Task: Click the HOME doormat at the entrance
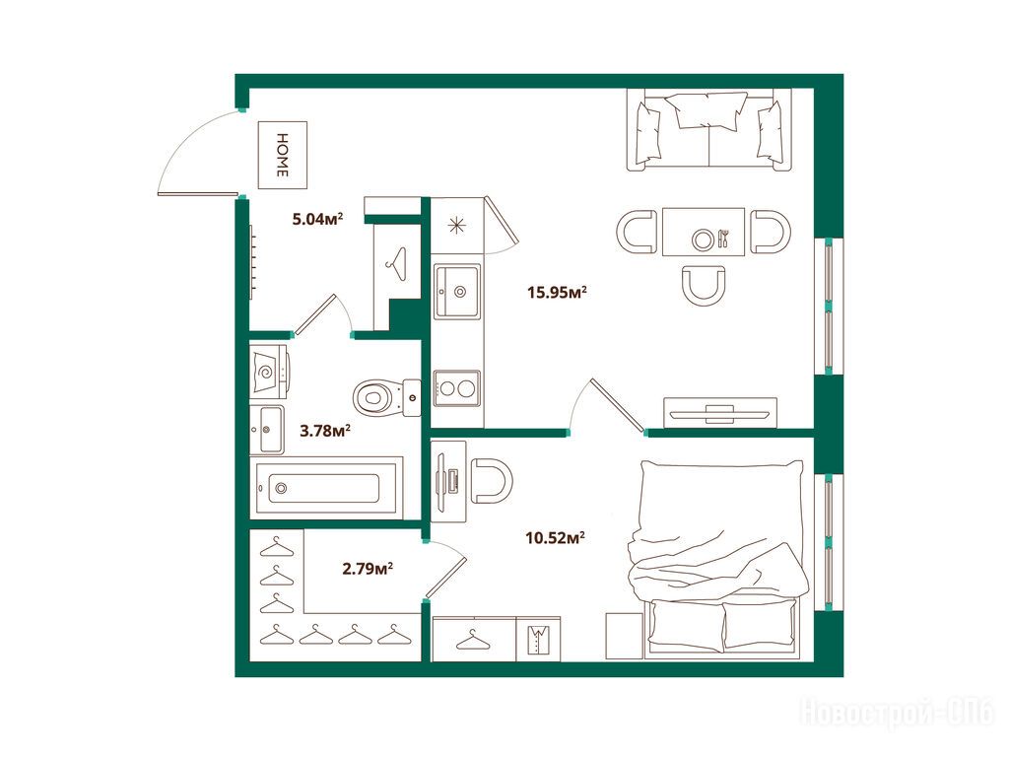(283, 155)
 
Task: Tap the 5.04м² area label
(318, 219)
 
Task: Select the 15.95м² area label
(558, 292)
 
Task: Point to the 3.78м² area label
(325, 430)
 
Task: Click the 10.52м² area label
(556, 537)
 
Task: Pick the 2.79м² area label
(369, 569)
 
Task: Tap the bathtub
(325, 487)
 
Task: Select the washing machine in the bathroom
(270, 371)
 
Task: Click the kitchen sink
(457, 291)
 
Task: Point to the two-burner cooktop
(457, 388)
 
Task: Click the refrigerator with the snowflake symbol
(457, 226)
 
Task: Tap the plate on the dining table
(703, 240)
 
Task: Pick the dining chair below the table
(704, 285)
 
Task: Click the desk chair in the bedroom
(492, 480)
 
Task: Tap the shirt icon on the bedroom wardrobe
(538, 639)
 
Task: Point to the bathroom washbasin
(266, 430)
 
